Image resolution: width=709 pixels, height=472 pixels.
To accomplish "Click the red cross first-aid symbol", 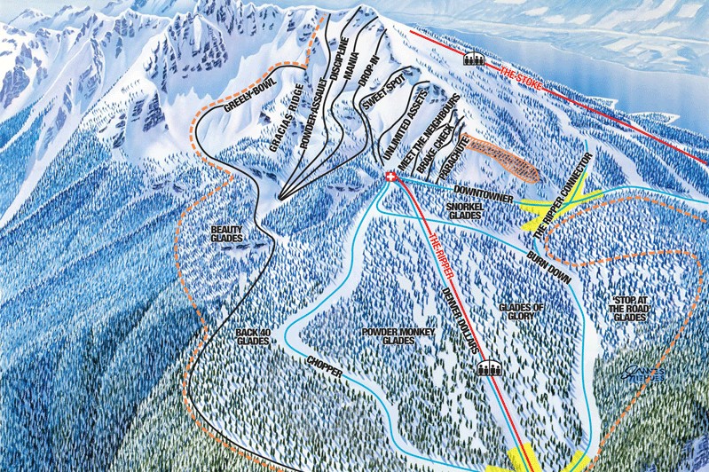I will [389, 178].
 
